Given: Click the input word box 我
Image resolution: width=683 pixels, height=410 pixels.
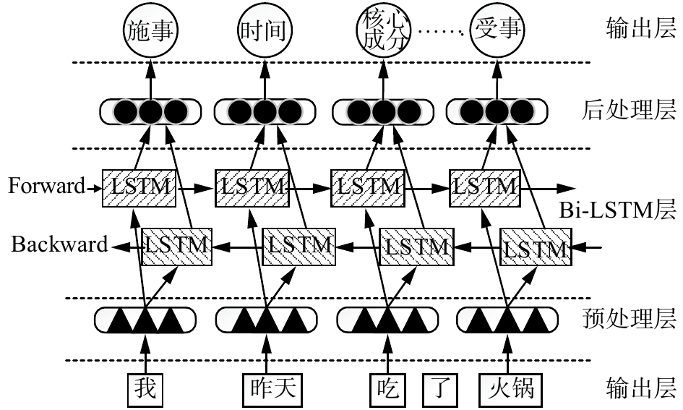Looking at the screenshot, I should click(145, 389).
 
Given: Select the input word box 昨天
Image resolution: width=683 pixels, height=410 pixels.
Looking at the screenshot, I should click(269, 389).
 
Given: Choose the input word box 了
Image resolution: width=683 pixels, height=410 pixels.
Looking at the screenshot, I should click(440, 389).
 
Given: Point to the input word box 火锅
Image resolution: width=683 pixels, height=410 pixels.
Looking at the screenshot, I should click(507, 389).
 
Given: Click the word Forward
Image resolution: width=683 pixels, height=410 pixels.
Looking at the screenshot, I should click(46, 186).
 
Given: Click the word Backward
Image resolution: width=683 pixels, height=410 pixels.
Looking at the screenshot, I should click(59, 244).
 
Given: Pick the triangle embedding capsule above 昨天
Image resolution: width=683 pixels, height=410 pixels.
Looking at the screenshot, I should click(266, 319).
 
